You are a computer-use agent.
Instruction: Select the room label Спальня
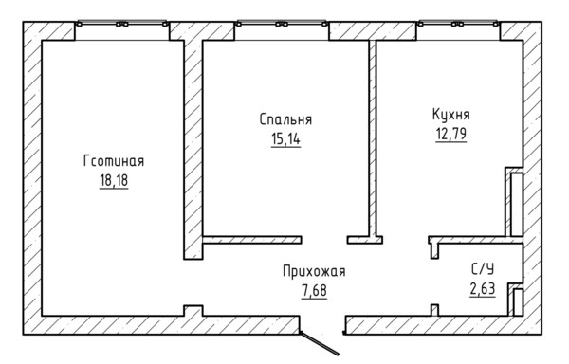point(285,120)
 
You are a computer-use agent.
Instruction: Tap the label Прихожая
point(313,272)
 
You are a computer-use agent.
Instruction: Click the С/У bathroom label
point(482,269)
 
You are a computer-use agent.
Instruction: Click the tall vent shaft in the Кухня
point(515,201)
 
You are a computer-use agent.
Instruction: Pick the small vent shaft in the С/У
point(515,299)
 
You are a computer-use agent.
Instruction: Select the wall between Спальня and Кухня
point(374,137)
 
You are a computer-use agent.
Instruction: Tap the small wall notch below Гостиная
point(193,310)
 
